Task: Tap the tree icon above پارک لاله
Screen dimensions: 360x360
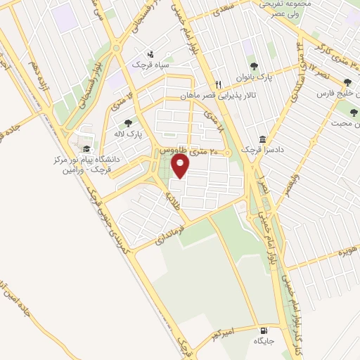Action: [x=127, y=122]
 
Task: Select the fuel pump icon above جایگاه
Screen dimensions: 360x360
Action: [x=263, y=330]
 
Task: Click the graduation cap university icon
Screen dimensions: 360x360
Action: [x=86, y=149]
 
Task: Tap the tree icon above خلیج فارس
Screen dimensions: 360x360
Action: [x=345, y=82]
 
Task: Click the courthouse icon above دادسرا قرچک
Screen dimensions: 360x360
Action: [x=262, y=139]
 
